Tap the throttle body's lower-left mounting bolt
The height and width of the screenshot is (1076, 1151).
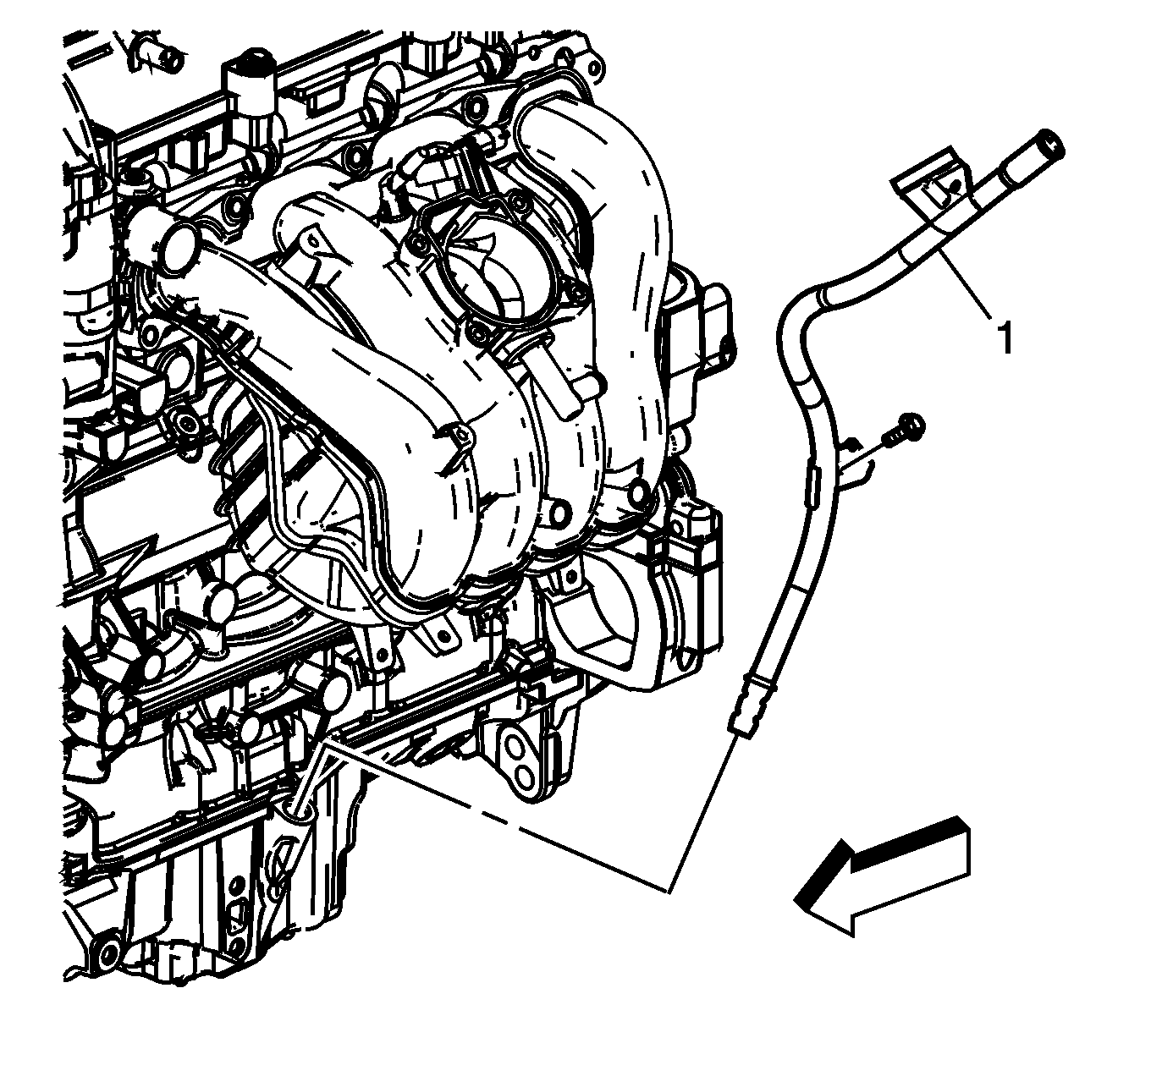(x=477, y=332)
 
